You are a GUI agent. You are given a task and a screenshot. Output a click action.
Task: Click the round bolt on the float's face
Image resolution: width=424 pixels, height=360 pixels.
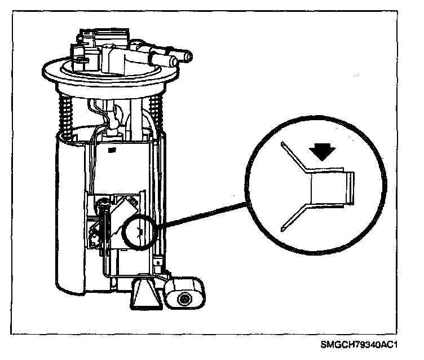pos(184,298)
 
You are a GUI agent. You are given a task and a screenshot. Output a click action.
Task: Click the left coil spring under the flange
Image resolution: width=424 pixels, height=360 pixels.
pos(66,116)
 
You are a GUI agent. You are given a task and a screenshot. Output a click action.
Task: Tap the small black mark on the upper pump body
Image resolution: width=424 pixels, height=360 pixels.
pos(113,150)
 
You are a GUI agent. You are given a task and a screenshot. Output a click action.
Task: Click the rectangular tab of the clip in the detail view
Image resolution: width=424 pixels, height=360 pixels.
pos(330,187)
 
